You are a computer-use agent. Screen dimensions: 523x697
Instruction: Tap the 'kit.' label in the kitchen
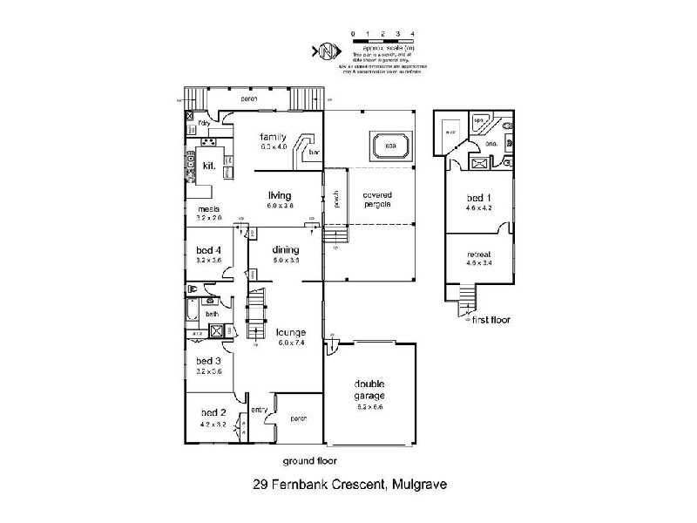click(x=209, y=165)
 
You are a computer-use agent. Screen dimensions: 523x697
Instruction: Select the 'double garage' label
click(x=370, y=390)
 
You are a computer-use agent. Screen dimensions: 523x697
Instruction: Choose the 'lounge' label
click(x=290, y=332)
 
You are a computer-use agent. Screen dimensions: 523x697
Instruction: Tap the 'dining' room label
click(x=287, y=248)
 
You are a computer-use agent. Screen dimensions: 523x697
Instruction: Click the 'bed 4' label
click(x=208, y=248)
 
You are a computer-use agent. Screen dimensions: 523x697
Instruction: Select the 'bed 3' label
click(x=208, y=360)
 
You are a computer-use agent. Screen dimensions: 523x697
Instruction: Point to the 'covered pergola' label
click(x=376, y=199)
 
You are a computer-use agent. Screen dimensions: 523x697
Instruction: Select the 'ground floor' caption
click(x=309, y=461)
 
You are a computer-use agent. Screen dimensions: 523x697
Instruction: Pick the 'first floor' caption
click(x=491, y=320)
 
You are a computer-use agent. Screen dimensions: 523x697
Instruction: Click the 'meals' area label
click(x=207, y=209)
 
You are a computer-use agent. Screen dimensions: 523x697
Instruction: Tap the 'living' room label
click(x=279, y=195)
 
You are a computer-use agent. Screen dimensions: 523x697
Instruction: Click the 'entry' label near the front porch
click(x=259, y=410)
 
